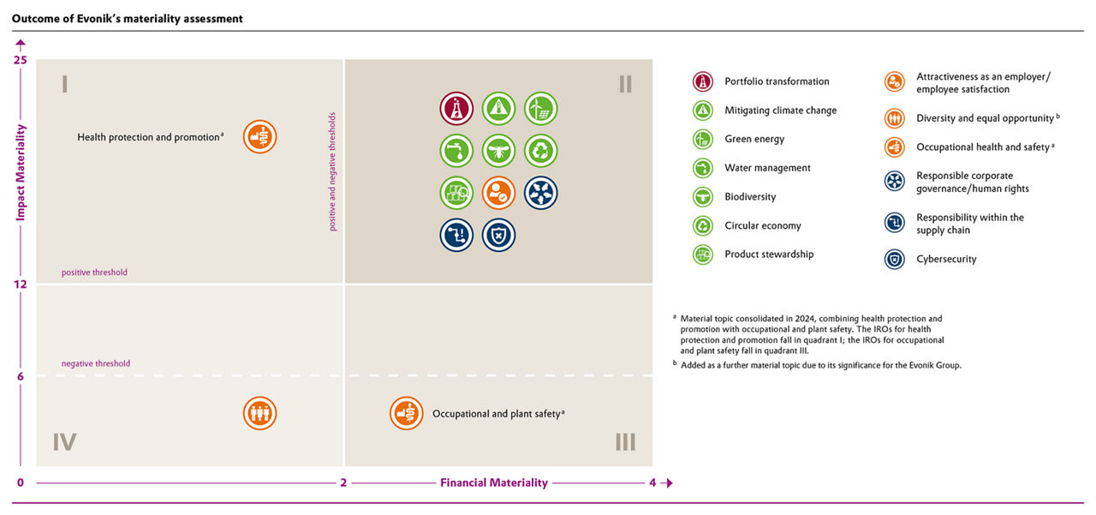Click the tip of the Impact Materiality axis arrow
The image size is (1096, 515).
point(21,39)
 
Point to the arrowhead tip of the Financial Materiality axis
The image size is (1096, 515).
point(673,483)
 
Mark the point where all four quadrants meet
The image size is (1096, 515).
point(344,284)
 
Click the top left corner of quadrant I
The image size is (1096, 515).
point(37,60)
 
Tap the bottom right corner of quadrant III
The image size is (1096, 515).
point(652,466)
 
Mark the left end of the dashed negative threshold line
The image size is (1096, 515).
point(37,375)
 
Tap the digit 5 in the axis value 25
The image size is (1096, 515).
point(23,60)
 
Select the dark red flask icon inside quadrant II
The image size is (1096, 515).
point(456,109)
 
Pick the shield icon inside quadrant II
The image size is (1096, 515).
point(498,236)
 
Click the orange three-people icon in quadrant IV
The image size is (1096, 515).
point(259,413)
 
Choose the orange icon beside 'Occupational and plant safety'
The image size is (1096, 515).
point(406,413)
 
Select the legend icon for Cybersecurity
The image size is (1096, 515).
point(895,260)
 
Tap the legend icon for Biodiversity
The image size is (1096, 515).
point(703,197)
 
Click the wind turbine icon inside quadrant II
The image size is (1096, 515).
point(540,109)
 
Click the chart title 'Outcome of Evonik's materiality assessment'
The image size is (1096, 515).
point(128,19)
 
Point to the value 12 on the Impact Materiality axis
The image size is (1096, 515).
point(20,284)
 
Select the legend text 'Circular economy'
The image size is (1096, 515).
point(763,225)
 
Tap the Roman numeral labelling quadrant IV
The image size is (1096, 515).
point(64,442)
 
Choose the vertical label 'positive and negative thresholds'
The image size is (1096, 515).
point(332,171)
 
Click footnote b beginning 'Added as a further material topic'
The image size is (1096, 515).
point(817,365)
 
